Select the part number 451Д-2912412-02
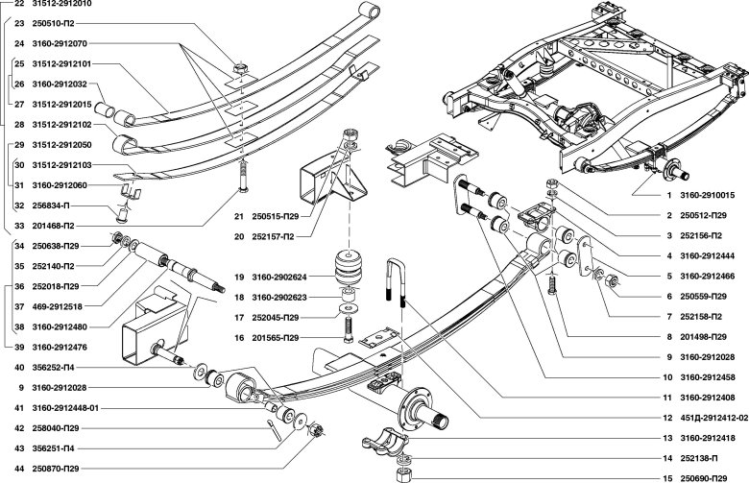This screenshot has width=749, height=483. coord(713,418)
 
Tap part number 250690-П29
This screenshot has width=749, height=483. coord(704,478)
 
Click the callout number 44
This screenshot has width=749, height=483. coord(19,469)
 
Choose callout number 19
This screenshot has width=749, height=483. coord(239,277)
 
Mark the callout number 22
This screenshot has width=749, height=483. coord(19,3)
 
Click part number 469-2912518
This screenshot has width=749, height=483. coord(57,306)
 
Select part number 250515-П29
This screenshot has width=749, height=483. coord(276,216)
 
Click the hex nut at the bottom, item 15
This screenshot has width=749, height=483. coord(404,475)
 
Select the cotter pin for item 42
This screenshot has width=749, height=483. coord(276,431)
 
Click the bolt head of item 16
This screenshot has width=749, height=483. coord(349,338)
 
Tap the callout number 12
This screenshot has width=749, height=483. coord(667,418)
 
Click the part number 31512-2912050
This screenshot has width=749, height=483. coord(61,145)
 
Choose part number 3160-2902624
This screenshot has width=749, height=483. coord(279,277)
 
